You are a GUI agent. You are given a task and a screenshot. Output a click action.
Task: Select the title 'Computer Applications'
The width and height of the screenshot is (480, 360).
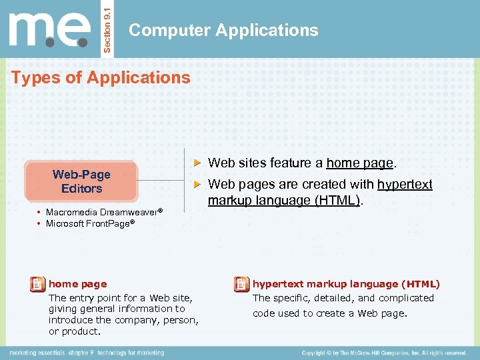[223, 30]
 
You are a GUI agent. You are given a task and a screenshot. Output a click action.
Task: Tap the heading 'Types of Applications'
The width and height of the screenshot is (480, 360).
[101, 77]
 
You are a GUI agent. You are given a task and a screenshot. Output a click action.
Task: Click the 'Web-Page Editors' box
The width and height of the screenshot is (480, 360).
[81, 181]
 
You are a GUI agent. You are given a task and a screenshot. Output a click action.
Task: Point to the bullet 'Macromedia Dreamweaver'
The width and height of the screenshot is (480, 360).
[103, 212]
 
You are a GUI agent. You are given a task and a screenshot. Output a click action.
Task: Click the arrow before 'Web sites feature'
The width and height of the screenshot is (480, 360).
[197, 162]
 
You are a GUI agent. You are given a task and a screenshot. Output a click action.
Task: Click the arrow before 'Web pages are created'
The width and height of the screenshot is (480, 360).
[197, 184]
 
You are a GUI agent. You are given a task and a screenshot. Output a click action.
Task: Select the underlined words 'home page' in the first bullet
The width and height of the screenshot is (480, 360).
[361, 163]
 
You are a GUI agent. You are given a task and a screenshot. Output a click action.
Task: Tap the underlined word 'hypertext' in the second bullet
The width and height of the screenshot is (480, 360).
[405, 184]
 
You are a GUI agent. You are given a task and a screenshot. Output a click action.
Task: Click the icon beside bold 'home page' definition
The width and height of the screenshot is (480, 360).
[38, 285]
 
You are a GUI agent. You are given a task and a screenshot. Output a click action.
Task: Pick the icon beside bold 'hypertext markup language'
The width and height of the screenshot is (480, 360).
[241, 285]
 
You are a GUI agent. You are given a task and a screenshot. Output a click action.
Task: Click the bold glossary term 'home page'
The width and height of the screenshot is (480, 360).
[77, 284]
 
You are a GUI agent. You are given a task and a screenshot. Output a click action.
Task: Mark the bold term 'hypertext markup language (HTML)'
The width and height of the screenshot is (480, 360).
[346, 284]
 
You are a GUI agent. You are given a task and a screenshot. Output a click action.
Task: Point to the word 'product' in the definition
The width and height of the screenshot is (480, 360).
[81, 331]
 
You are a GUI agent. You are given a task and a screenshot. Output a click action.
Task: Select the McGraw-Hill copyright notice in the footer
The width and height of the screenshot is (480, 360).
[383, 352]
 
